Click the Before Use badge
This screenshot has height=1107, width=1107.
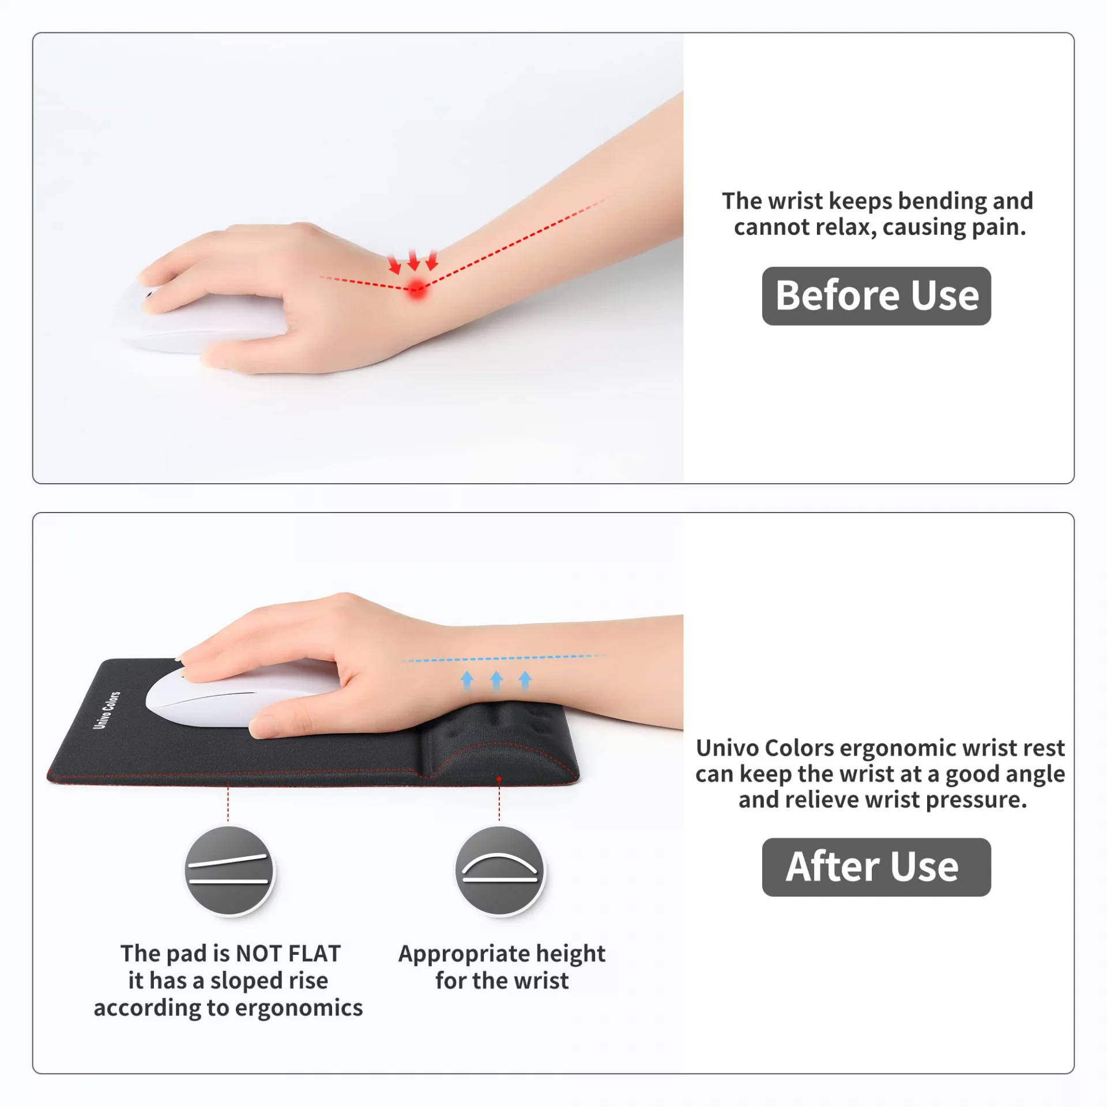[x=876, y=296]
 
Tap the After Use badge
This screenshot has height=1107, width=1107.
[x=876, y=867]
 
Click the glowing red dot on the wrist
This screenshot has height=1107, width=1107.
[x=416, y=288]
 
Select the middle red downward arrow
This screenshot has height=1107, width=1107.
[x=414, y=260]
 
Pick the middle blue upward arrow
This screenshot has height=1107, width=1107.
[x=496, y=680]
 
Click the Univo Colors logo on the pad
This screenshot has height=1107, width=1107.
[x=107, y=710]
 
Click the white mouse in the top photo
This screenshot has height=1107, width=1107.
[x=202, y=320]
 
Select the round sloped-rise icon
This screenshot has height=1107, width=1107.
[x=229, y=870]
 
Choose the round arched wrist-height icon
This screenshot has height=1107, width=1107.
[x=499, y=870]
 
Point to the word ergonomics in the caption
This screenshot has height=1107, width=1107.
[x=299, y=1008]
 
